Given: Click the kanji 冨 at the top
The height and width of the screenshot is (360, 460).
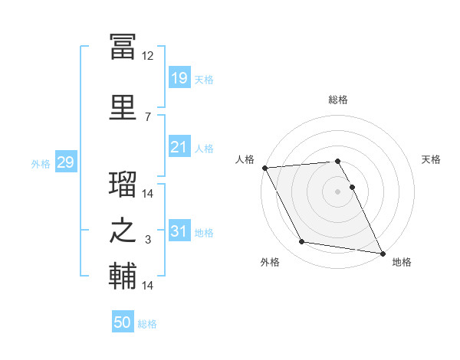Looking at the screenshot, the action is click(123, 47).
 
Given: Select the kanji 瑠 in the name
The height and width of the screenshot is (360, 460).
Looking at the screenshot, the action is click(123, 184).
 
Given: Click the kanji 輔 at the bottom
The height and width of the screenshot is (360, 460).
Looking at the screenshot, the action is click(123, 276).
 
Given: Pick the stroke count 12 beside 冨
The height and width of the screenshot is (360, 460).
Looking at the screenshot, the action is click(147, 56).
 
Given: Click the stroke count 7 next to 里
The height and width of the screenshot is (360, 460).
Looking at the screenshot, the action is click(148, 117).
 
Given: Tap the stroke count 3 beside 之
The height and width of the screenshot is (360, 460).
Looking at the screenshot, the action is click(148, 240).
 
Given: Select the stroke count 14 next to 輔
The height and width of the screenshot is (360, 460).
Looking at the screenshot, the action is click(147, 285).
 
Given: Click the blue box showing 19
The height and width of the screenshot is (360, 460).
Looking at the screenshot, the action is click(179, 77).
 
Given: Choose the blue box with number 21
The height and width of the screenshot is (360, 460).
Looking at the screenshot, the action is click(179, 146).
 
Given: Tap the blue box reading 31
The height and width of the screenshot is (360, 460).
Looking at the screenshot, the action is click(179, 230).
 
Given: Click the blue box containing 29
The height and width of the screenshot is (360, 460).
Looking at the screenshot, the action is click(66, 162).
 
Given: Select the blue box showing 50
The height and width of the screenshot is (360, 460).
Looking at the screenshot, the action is click(123, 321).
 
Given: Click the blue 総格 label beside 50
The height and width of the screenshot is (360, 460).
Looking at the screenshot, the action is click(147, 324).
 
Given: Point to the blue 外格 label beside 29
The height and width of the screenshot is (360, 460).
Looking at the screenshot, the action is click(41, 164).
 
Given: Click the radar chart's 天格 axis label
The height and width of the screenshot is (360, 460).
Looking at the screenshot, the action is click(431, 159).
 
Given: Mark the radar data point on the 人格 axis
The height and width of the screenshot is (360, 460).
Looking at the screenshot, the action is click(265, 168).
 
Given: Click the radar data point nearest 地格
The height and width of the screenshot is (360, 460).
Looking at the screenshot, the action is click(383, 254).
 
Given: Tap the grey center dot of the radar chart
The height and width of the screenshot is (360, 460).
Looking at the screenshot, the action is click(337, 191).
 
